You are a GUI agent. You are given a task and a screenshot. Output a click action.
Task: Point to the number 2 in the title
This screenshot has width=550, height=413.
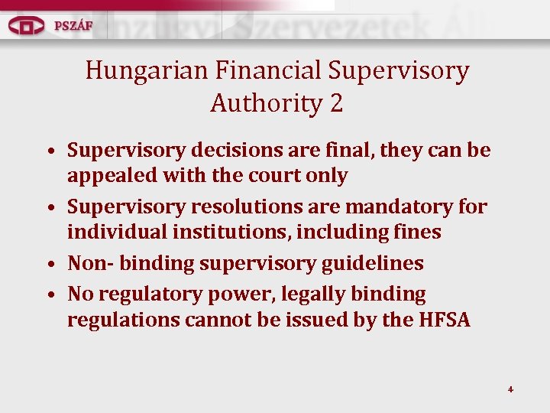tap(337, 103)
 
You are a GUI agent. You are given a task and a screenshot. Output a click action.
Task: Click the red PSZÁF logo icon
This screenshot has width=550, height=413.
tap(27, 25)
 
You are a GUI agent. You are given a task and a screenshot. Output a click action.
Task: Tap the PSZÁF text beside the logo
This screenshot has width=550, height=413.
tap(73, 25)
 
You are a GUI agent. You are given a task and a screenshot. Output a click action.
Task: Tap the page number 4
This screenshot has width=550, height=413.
tap(510, 389)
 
